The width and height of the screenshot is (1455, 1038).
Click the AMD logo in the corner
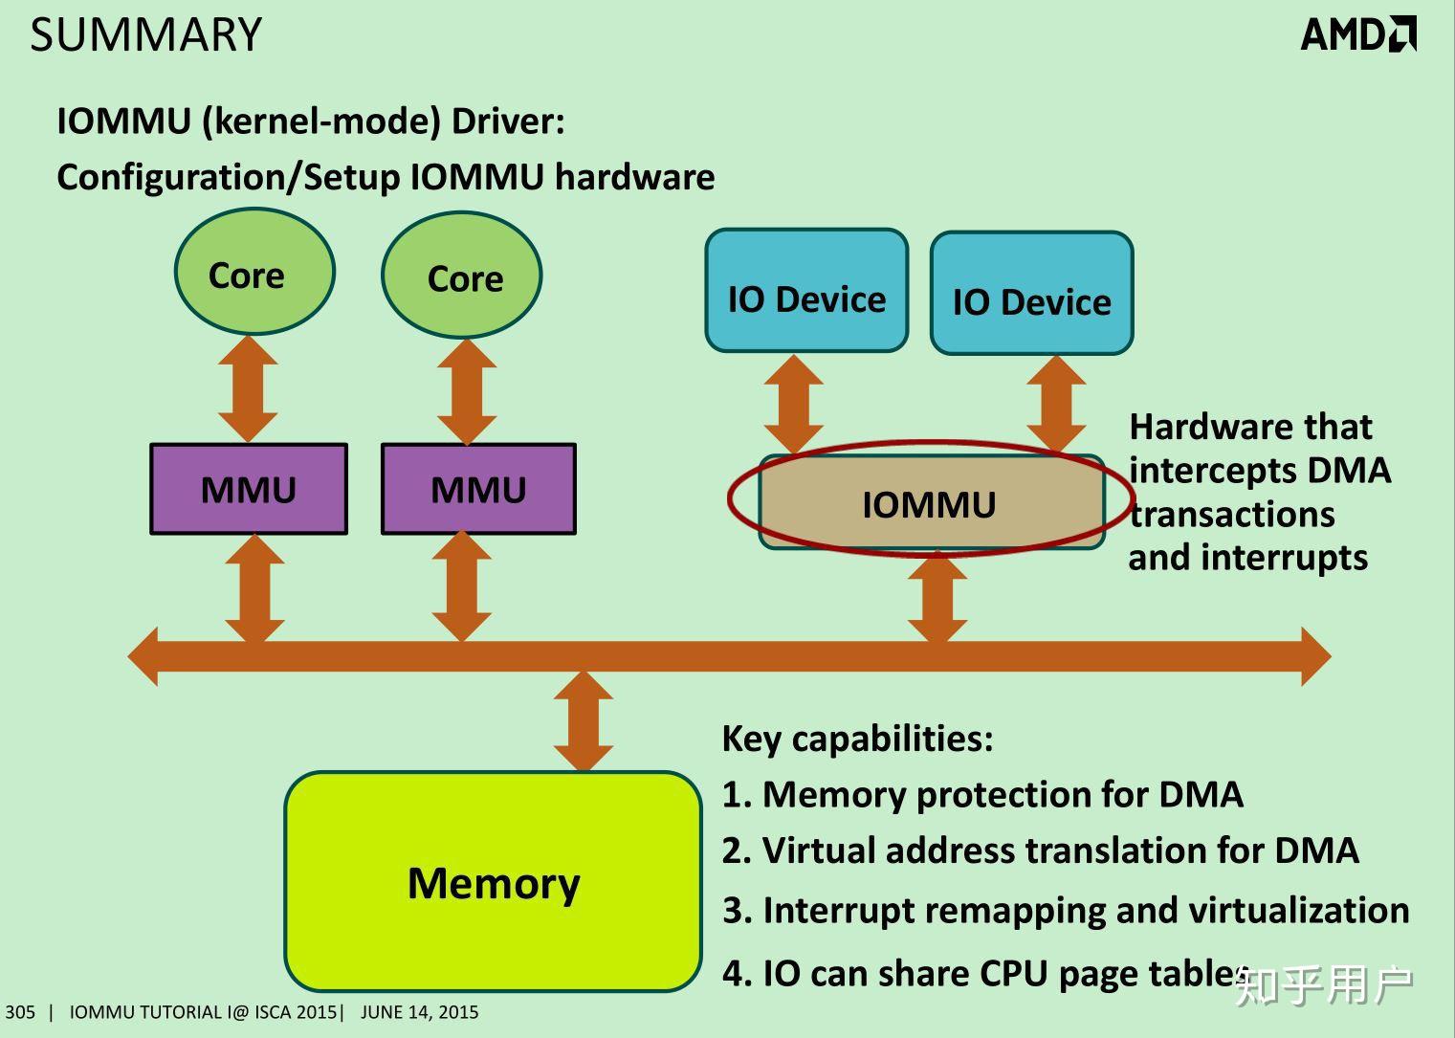coord(1357,34)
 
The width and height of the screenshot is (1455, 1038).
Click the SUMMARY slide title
coord(146,35)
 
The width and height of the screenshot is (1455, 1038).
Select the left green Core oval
coord(254,273)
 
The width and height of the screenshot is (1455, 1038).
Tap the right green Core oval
coord(461,276)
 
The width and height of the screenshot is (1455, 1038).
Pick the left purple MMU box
coord(249,489)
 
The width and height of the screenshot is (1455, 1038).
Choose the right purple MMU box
coord(478,489)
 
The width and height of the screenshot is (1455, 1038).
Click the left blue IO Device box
coord(805,291)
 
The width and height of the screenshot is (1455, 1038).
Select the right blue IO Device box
coord(1031,294)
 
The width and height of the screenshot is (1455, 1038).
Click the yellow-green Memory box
coord(493,881)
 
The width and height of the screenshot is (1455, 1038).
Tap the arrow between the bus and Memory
coord(583,721)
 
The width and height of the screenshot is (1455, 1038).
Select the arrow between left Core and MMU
coord(248,388)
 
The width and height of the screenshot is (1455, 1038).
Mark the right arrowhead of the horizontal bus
coord(1314,656)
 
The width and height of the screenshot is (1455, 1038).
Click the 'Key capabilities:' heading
coord(857,739)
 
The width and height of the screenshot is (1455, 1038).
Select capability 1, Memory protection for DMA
coord(982,794)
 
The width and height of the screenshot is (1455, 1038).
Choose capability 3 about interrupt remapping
coord(1066,910)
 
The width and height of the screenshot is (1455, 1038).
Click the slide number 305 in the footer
coord(19,1012)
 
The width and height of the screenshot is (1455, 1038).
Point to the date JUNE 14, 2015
coord(419,1012)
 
